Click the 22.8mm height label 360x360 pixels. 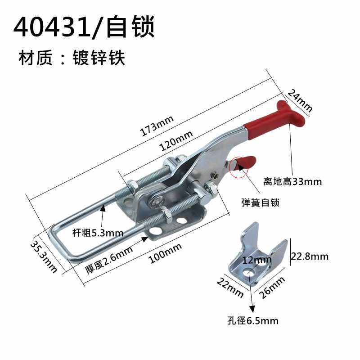tap(310, 256)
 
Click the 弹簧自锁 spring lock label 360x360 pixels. tap(260, 203)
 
